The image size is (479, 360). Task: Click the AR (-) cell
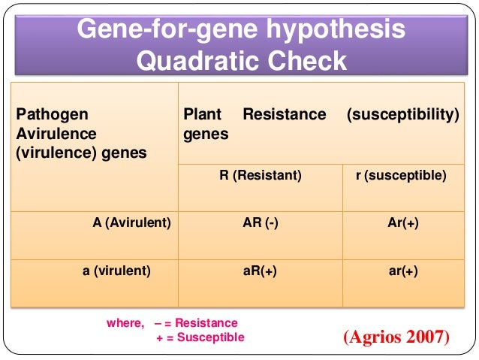[x=261, y=224]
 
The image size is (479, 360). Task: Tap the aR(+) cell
[x=261, y=271]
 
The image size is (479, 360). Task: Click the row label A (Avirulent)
[x=131, y=224]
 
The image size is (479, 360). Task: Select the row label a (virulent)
[x=116, y=271]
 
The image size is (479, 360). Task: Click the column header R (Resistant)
[x=261, y=176]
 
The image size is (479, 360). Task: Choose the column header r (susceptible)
[x=400, y=176]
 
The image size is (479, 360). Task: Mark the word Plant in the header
[x=202, y=115]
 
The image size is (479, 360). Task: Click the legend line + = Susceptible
[x=200, y=337]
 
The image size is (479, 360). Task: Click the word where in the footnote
[x=124, y=322]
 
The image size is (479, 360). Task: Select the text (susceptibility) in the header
[x=402, y=115]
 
